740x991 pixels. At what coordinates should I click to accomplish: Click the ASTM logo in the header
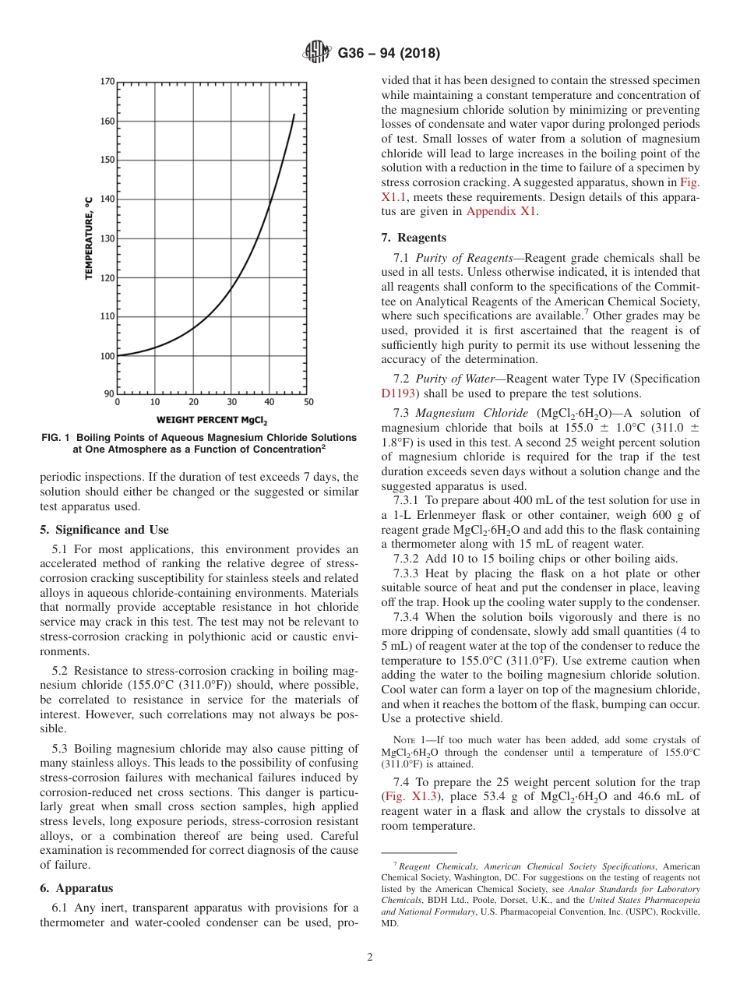[317, 53]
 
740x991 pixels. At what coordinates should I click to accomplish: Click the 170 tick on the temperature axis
[107, 81]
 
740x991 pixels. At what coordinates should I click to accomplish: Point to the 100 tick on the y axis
[107, 356]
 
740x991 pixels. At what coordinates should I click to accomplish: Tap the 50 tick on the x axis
[308, 403]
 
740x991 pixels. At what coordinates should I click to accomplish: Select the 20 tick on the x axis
[193, 403]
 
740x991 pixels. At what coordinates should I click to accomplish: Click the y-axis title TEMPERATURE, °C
[90, 238]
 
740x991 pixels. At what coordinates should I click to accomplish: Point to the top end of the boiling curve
[294, 115]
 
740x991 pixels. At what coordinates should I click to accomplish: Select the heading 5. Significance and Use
[104, 530]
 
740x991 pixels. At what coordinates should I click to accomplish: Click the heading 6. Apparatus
[76, 887]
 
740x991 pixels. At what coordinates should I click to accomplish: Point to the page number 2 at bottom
[370, 957]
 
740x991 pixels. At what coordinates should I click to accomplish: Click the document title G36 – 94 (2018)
[389, 54]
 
